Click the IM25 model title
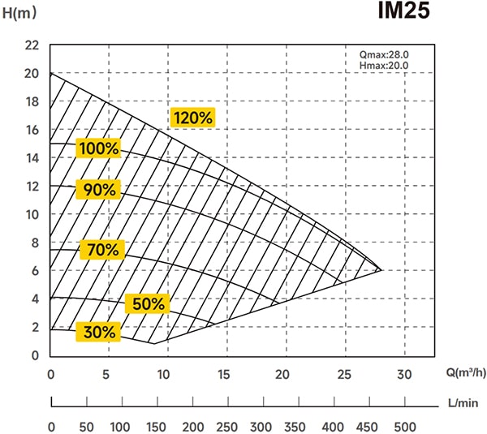click(x=403, y=11)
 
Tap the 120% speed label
click(x=193, y=118)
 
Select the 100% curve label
click(x=99, y=148)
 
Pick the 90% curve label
click(x=99, y=189)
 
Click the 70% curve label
click(x=102, y=250)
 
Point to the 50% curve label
click(x=148, y=303)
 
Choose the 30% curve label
click(x=99, y=332)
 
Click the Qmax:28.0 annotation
click(x=384, y=54)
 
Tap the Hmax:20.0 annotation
click(x=384, y=66)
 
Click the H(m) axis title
click(x=19, y=13)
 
